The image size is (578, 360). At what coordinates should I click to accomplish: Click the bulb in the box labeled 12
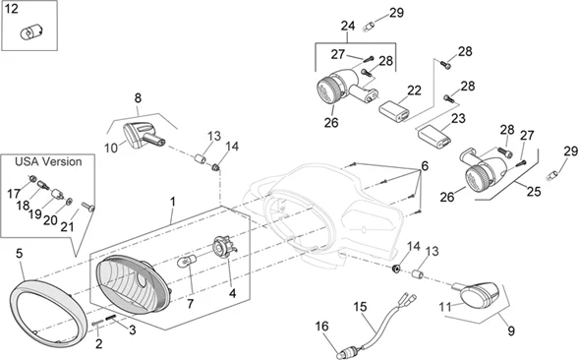point(28,32)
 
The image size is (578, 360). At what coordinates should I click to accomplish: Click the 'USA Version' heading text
point(48,161)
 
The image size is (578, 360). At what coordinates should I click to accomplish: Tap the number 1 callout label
point(172,202)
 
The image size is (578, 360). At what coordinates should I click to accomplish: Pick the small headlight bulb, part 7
point(186,263)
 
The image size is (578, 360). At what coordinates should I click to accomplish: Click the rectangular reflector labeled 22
point(394,111)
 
